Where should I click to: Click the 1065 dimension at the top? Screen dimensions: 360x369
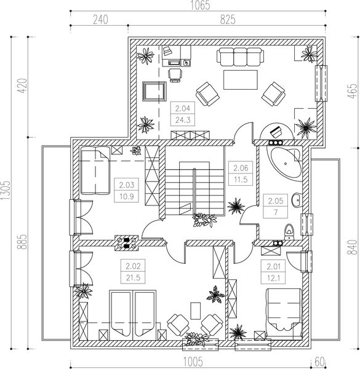pos(200,5)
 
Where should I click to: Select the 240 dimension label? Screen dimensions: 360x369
pos(100,20)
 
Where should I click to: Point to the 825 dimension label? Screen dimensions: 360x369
pos(228,20)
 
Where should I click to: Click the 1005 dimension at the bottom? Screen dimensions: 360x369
pos(193,362)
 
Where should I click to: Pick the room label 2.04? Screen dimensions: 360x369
pos(183,108)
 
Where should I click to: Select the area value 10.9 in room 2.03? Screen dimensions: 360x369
pos(126,196)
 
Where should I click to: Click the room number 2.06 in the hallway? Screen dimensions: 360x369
pos(241,168)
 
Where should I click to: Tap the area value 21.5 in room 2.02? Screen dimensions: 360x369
pos(133,278)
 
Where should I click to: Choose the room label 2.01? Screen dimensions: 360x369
pos(273,267)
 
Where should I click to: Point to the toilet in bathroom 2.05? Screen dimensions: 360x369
pos(289,232)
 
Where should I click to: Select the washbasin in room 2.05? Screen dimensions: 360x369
pos(297,200)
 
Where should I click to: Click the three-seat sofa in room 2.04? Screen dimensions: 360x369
pos(240,57)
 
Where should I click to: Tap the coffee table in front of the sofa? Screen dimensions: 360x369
pos(241,80)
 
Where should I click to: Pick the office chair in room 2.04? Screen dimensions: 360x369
pos(175,75)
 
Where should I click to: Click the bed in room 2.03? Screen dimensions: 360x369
pos(95,170)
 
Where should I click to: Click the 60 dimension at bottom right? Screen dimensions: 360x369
pos(319,362)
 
